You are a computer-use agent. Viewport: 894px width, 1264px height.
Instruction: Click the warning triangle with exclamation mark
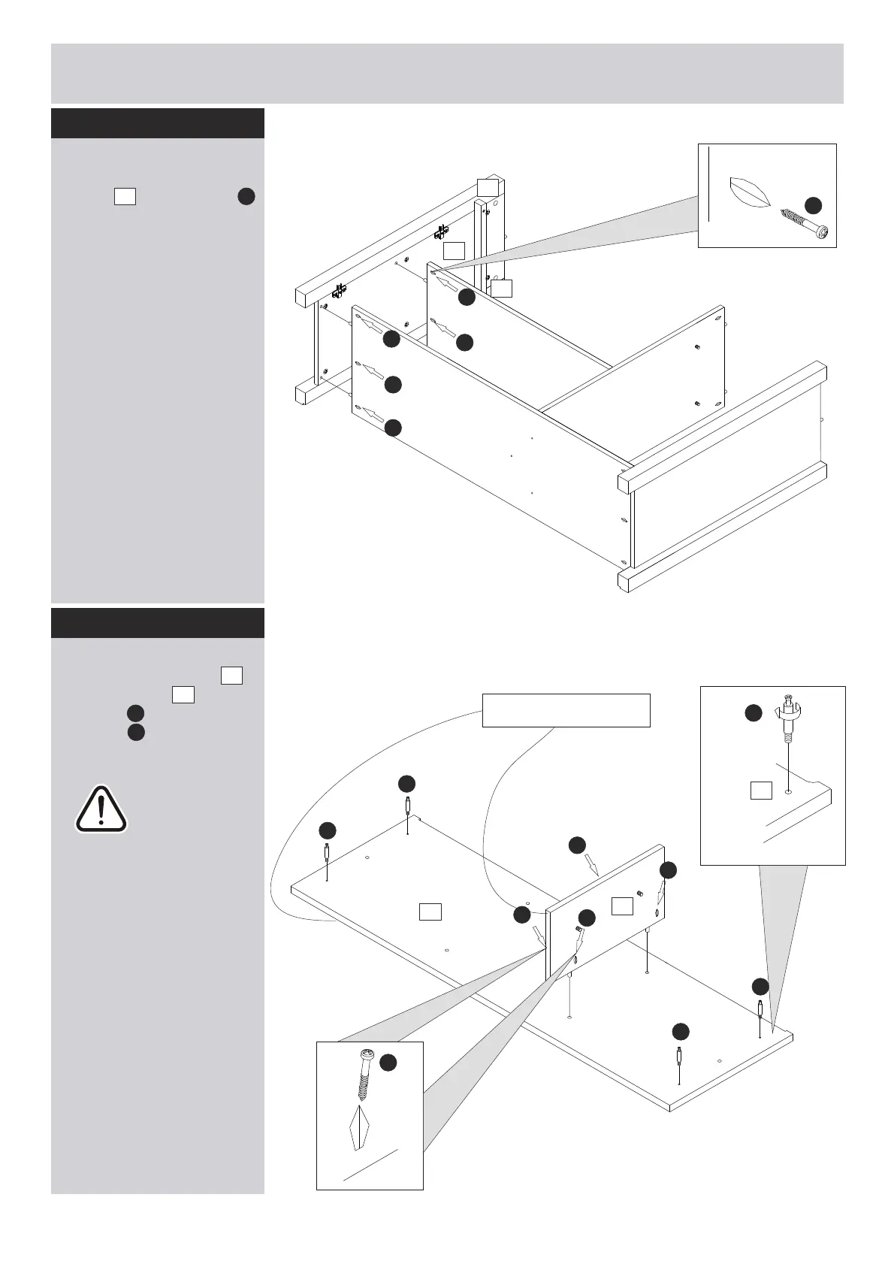101,809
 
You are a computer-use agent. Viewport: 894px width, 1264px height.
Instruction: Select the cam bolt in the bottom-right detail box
787,717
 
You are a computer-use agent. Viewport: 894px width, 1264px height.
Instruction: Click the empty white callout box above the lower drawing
566,710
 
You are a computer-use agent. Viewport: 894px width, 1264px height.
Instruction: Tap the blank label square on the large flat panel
430,912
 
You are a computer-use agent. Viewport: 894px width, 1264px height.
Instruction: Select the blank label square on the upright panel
622,906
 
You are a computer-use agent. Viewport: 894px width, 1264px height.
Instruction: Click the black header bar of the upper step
158,123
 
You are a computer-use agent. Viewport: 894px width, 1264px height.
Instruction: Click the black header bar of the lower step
158,623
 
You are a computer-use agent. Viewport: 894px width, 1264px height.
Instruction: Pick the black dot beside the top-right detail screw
813,204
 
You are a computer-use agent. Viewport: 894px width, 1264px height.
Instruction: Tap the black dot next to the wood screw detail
388,1062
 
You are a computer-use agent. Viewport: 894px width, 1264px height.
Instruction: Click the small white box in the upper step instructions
125,197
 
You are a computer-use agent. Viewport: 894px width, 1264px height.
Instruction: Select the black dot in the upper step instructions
246,197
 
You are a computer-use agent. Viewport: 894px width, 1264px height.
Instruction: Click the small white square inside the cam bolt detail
762,790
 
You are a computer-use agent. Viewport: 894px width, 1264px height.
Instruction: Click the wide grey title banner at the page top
447,73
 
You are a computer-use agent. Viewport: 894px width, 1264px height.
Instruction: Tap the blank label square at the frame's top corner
488,187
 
